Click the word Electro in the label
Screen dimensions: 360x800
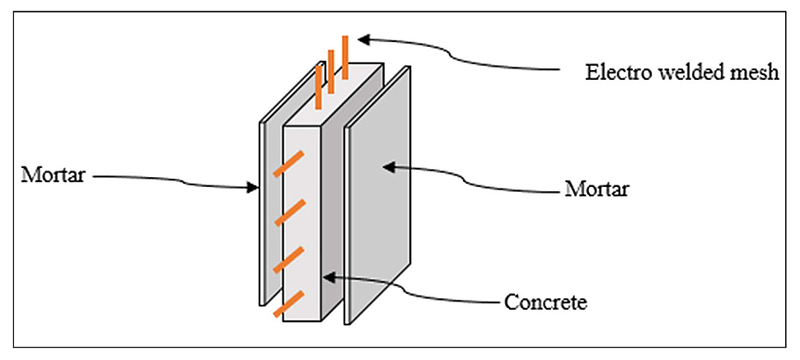point(613,72)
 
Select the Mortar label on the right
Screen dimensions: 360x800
point(596,189)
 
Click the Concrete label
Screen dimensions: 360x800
point(545,302)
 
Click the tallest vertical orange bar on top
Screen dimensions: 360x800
point(345,55)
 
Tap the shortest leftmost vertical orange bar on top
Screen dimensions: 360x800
point(319,86)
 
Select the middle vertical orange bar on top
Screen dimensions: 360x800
point(331,69)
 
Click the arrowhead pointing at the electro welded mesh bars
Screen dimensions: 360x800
point(363,38)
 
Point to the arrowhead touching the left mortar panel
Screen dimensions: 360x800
point(254,189)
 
